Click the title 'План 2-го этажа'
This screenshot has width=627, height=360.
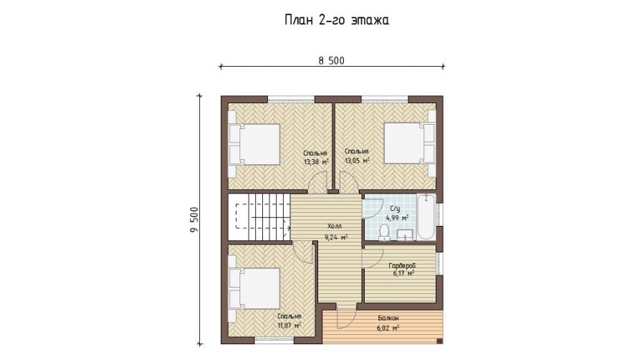[x=337, y=20]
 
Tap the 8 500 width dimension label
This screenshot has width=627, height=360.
[x=331, y=61]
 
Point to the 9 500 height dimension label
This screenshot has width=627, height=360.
[x=194, y=220]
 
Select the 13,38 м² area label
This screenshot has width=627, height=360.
[x=316, y=162]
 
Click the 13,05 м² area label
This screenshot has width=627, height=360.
[x=357, y=161]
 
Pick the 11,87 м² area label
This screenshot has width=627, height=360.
[x=289, y=325]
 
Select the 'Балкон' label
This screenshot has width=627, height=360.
[x=388, y=318]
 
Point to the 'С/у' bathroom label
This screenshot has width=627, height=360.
[x=395, y=209]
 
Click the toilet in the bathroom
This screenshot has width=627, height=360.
[x=384, y=232]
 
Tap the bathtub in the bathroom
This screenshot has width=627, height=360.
[x=426, y=217]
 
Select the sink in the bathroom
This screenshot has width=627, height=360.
[x=406, y=236]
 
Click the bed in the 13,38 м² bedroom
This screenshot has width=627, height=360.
[x=254, y=144]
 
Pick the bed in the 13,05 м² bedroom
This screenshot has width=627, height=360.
[x=409, y=143]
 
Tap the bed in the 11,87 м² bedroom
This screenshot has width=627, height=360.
[x=254, y=288]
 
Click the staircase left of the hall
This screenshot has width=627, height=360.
[x=259, y=217]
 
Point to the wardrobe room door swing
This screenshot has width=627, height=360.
[x=373, y=258]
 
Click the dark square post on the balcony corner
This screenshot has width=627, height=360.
[x=439, y=341]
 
